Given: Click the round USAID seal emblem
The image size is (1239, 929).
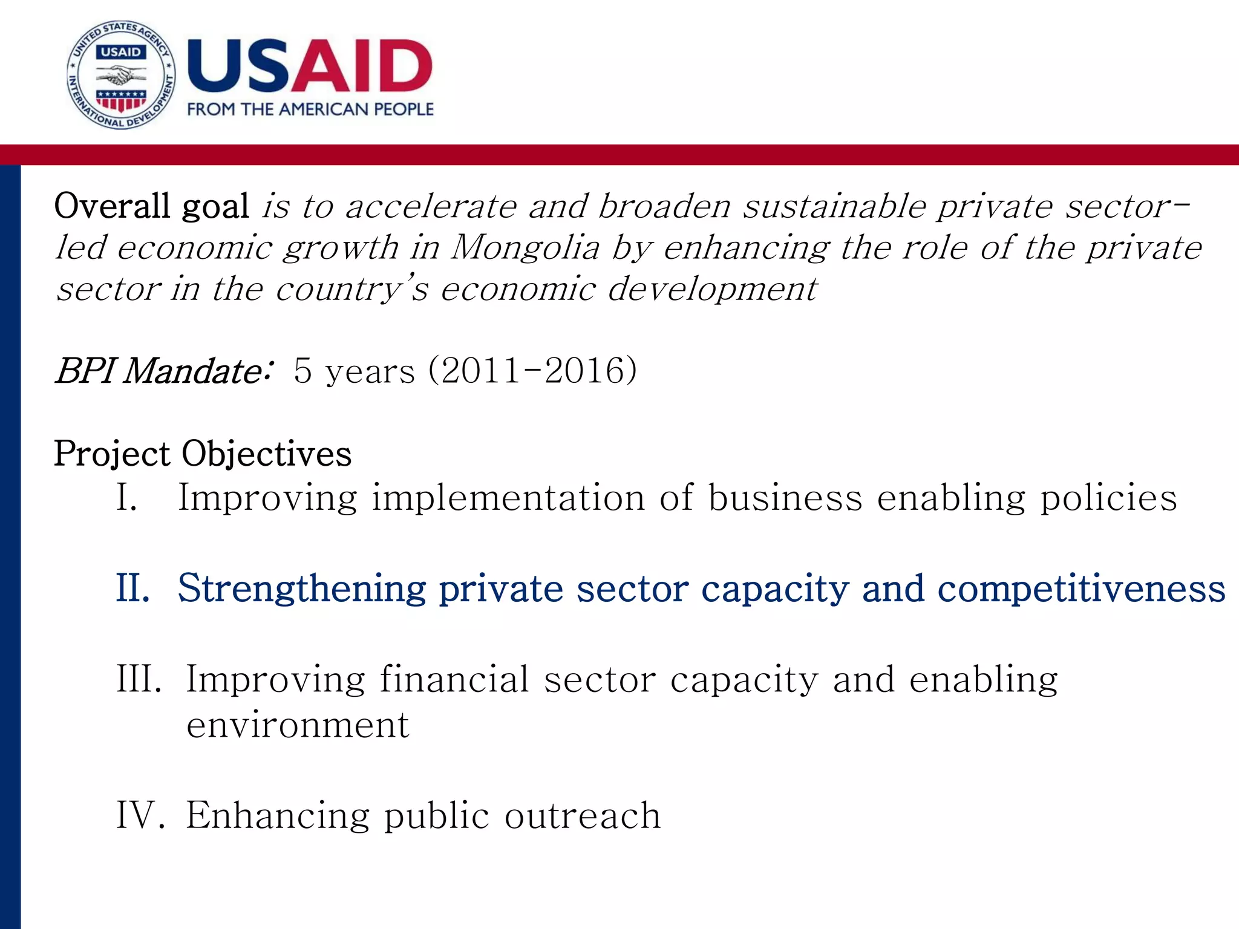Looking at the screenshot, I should (121, 75).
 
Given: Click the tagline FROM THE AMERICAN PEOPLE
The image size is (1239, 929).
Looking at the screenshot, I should (310, 109).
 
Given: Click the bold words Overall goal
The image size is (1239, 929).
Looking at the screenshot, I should (151, 206).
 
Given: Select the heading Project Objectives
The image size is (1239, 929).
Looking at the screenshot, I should (203, 454).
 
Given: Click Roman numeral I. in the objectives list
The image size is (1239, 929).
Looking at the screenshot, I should (126, 498).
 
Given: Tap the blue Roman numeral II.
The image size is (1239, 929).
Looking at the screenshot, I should (133, 588).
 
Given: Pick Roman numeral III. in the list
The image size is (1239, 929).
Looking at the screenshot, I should (139, 679).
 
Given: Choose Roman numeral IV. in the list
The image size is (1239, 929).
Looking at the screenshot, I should (140, 815).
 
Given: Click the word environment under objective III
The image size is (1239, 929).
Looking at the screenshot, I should (298, 725).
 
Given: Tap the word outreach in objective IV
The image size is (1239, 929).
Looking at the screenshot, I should (583, 815).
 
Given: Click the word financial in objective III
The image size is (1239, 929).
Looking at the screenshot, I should (454, 679).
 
